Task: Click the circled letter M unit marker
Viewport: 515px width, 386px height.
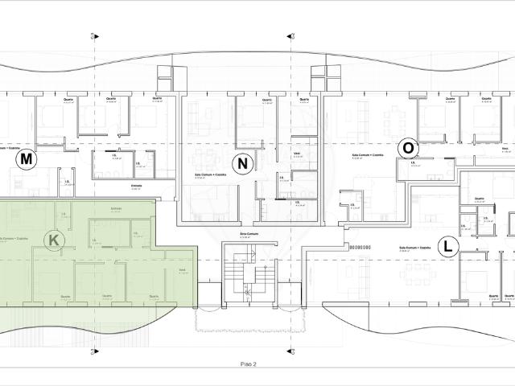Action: pos(27,159)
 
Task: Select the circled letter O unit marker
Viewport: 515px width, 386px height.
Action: pos(409,148)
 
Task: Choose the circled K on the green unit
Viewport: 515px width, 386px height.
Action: pos(54,240)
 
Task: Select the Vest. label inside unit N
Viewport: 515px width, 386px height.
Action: pos(297,150)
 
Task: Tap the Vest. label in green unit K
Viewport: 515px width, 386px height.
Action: pos(183,269)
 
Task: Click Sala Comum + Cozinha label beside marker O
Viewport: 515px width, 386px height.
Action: pos(367,154)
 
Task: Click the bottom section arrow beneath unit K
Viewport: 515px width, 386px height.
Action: pos(95,351)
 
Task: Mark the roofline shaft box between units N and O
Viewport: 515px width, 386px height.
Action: pos(325,76)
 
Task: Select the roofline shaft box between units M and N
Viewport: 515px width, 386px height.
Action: pos(166,76)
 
